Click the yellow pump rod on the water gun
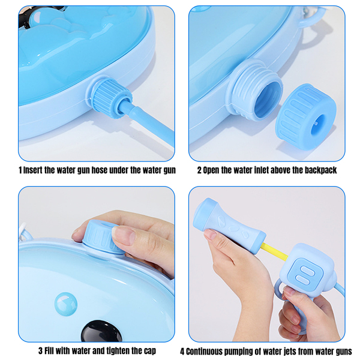click(x=274, y=251)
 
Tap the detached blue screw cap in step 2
click(x=306, y=117)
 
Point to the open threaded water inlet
click(x=255, y=89)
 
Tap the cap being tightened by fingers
click(x=102, y=237)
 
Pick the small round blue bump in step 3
click(x=66, y=304)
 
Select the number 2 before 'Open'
click(x=199, y=170)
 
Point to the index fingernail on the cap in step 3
click(x=124, y=235)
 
